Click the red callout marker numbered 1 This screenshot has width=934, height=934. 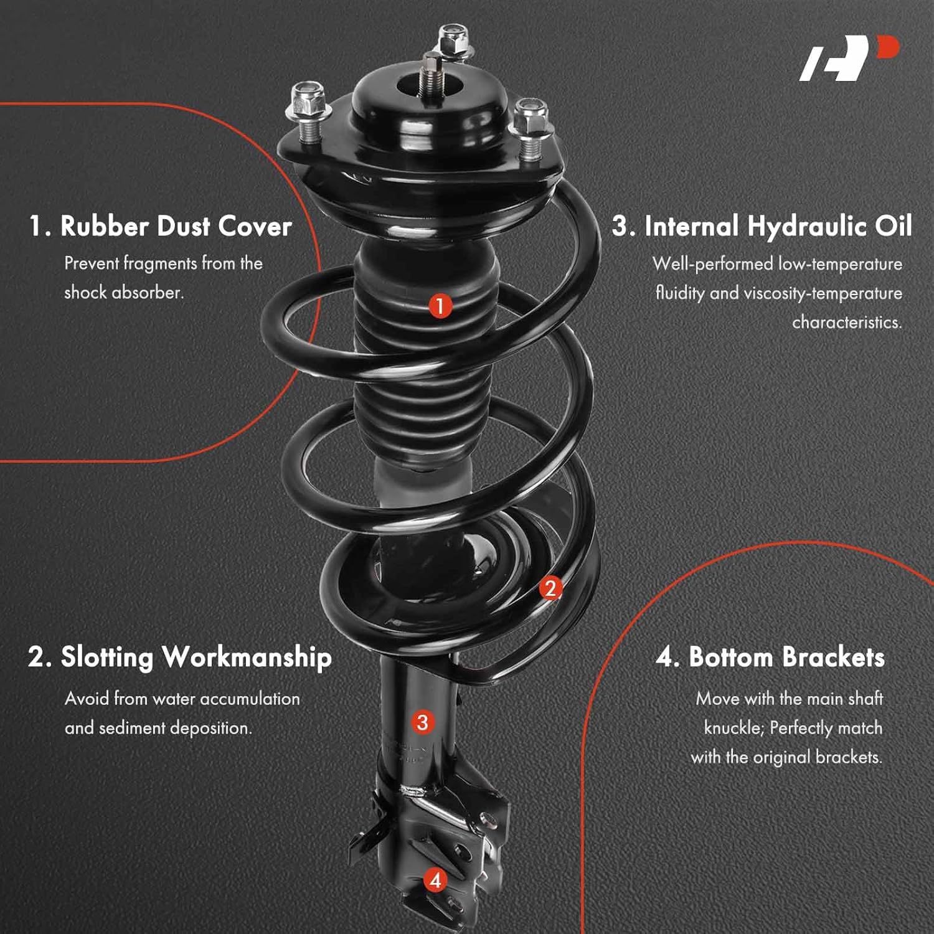(440, 306)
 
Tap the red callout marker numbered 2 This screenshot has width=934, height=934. (550, 588)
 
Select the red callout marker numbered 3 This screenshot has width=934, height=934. (422, 722)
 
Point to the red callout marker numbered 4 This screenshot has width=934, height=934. (435, 880)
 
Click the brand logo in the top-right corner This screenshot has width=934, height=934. (848, 59)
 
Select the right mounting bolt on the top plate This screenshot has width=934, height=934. (530, 126)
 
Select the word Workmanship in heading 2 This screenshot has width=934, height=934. (247, 658)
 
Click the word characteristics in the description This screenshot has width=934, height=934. (846, 323)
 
